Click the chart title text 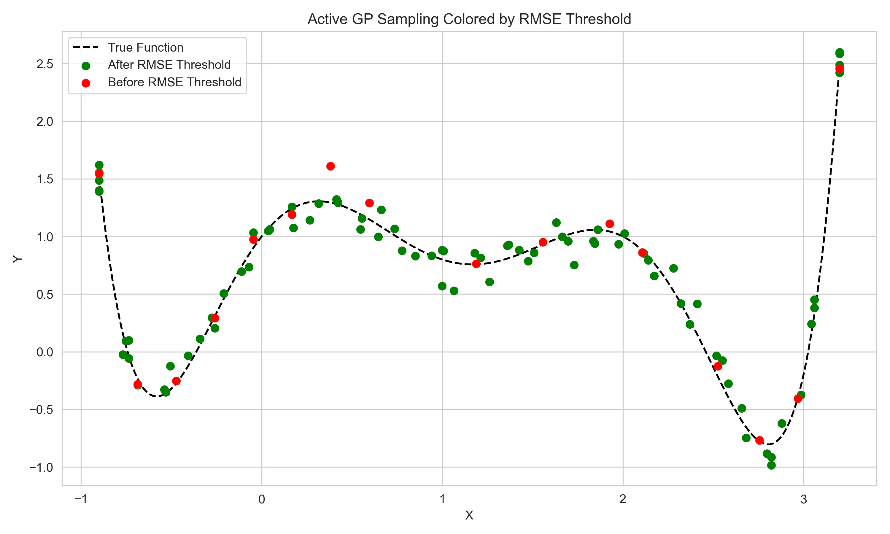(469, 19)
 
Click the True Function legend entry (145, 47)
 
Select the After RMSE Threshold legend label (169, 65)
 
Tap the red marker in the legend (86, 83)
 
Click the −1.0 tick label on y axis (41, 468)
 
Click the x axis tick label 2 (623, 500)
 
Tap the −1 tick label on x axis (81, 500)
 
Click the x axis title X (469, 516)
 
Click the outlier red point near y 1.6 (330, 166)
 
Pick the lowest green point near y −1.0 (771, 465)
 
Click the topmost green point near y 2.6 (839, 53)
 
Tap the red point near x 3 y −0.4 (798, 398)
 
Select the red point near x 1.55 (543, 242)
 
